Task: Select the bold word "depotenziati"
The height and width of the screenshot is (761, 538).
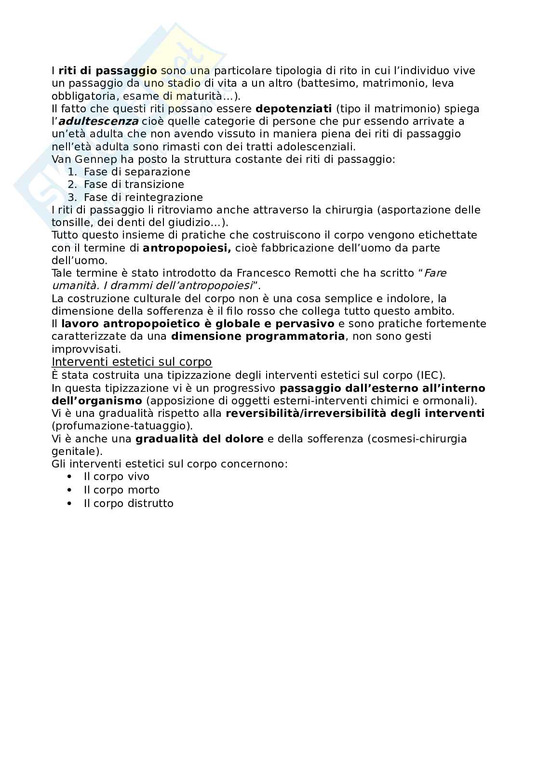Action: (294, 108)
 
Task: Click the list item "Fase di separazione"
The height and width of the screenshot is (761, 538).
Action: (137, 172)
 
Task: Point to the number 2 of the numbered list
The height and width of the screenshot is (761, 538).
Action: (72, 185)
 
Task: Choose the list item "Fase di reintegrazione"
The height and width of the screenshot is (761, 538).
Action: (143, 197)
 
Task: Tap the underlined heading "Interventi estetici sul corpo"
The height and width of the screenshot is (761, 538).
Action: (132, 361)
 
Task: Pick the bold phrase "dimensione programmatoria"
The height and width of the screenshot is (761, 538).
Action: (258, 336)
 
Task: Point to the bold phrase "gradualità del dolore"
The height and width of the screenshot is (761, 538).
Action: (200, 439)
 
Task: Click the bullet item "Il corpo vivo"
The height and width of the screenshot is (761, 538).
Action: (117, 477)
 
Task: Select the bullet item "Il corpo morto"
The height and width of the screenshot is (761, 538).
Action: (121, 490)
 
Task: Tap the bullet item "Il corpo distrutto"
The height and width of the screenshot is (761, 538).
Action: (128, 504)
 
